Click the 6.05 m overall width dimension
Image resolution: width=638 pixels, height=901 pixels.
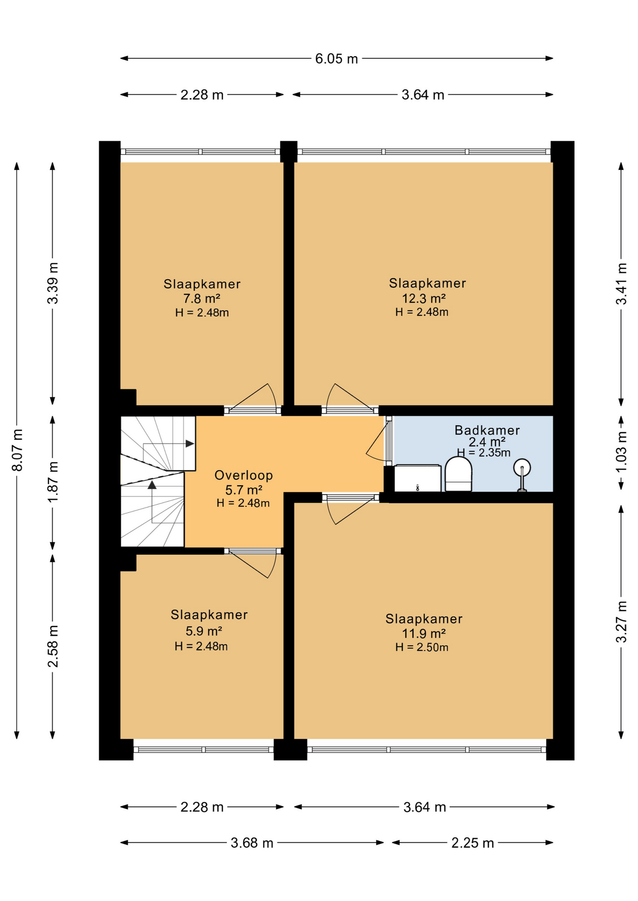(x=336, y=59)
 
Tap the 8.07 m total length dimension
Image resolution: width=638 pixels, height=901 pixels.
(x=17, y=450)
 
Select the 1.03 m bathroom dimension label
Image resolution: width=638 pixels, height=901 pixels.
(x=621, y=452)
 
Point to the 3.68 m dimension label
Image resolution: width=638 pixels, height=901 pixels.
(x=252, y=843)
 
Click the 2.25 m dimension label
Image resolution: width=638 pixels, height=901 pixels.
(x=473, y=843)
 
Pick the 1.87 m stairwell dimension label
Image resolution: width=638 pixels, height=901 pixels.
(x=53, y=482)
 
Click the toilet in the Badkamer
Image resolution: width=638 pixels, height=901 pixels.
(x=458, y=474)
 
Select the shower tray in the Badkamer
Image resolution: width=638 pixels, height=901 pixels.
(x=417, y=478)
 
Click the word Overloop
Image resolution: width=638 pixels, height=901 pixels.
(x=243, y=475)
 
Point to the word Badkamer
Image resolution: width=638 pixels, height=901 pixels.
(x=487, y=430)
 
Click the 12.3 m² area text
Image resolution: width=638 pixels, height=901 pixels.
(x=423, y=298)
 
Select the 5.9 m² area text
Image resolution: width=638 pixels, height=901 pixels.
(x=203, y=631)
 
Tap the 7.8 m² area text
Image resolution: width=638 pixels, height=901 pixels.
(x=202, y=298)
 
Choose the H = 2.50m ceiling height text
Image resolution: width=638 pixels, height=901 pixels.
(x=421, y=648)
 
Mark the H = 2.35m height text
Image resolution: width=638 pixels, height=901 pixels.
(x=483, y=452)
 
